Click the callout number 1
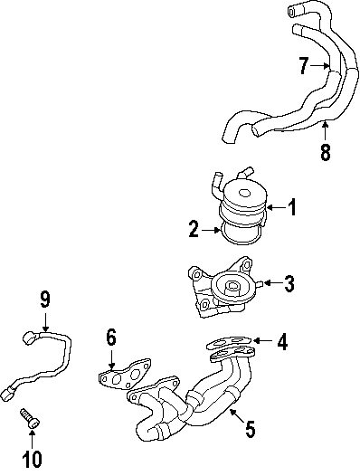pyautogui.click(x=291, y=207)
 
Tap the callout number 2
pyautogui.click(x=194, y=229)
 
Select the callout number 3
pyautogui.click(x=289, y=283)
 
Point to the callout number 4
pyautogui.click(x=282, y=341)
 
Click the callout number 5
pyautogui.click(x=250, y=429)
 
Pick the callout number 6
pyautogui.click(x=111, y=338)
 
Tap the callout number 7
pyautogui.click(x=304, y=65)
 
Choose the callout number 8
pyautogui.click(x=325, y=152)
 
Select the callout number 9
pyautogui.click(x=44, y=300)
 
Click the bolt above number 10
pyautogui.click(x=30, y=418)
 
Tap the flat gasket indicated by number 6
pyautogui.click(x=125, y=374)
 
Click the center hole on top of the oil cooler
pyautogui.click(x=244, y=193)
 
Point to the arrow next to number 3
pyautogui.click(x=273, y=283)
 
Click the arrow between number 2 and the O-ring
pyautogui.click(x=211, y=231)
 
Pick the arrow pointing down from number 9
pyautogui.click(x=45, y=321)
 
